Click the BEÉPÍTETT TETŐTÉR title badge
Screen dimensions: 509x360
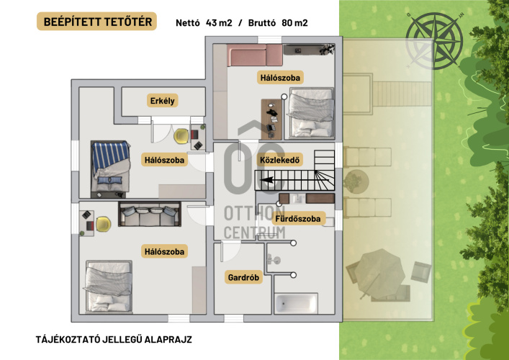[x=96, y=22]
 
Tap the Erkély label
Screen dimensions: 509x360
[x=162, y=101]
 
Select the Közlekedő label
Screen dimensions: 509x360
[x=280, y=160]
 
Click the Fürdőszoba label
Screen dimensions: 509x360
[x=297, y=218]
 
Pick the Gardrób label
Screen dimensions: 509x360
[x=243, y=277]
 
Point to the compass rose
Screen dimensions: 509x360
[x=435, y=40]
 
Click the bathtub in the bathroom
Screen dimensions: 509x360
[x=296, y=304]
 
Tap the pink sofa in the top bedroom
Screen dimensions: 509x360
[x=255, y=55]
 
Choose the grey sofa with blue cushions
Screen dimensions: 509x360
[x=149, y=214]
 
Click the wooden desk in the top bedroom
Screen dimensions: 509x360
[x=271, y=119]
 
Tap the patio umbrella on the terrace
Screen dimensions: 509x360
[x=379, y=274]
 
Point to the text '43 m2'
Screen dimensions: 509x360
[x=219, y=23]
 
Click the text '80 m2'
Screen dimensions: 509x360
[x=294, y=23]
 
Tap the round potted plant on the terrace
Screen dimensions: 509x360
[x=356, y=181]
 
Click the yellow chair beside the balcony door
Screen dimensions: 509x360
[x=181, y=136]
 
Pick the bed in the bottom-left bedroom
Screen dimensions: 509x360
[x=109, y=287]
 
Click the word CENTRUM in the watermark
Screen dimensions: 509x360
[x=254, y=233]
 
